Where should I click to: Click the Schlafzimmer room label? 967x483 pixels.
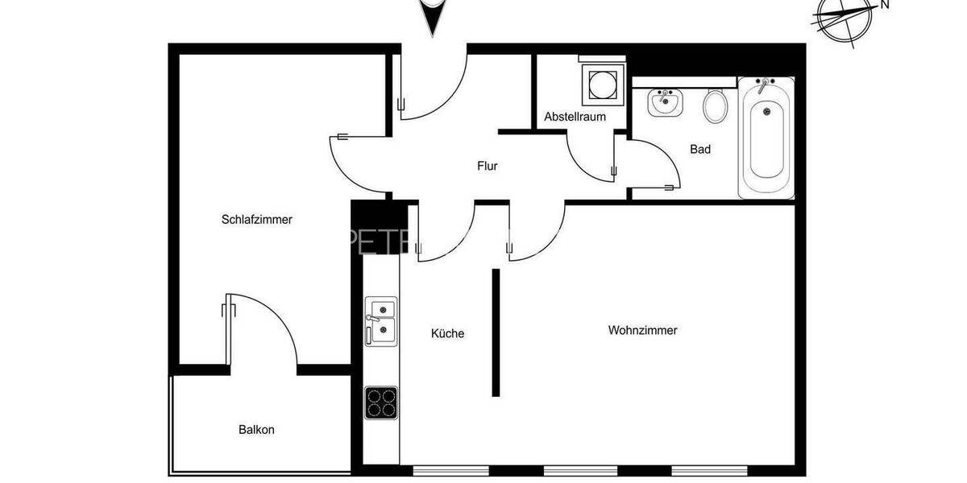pos(256,219)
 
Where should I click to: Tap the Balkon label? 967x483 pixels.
pos(256,430)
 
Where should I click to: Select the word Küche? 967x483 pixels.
pos(447,333)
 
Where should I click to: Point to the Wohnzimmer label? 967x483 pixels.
pos(642,330)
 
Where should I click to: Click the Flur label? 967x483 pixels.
pos(487,167)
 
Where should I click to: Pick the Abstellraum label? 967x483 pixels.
pos(574,117)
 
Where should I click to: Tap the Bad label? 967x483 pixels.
pos(700,149)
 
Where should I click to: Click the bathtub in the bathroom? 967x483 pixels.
pos(766,137)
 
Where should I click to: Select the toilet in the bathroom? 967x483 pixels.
pos(715,105)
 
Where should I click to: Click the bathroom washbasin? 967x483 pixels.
pos(665,102)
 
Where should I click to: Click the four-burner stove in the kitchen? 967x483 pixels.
pos(380,402)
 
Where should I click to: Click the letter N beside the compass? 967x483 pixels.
pos(884,5)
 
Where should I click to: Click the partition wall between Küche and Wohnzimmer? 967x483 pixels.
pos(496,332)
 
